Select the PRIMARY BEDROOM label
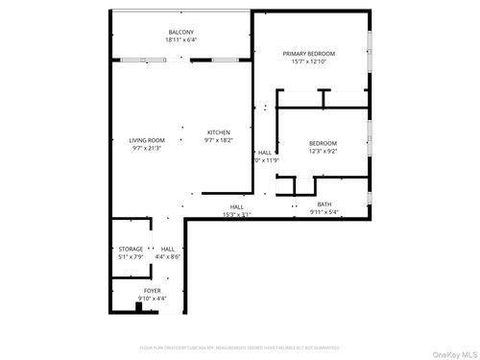coord(309,54)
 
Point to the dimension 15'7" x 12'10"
coord(309,61)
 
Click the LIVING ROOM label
coord(147,141)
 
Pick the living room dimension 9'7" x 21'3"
coord(147,149)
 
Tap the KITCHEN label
coord(219,132)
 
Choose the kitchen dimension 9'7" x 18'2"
coord(219,140)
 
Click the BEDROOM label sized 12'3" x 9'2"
coord(323,142)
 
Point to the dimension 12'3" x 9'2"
coord(323,150)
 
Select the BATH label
coord(324,204)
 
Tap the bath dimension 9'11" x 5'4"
coord(324,212)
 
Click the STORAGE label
coord(131,249)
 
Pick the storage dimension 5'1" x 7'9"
coord(131,256)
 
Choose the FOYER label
coord(153,290)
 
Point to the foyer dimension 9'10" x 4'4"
coord(153,298)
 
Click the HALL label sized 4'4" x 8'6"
coord(168,249)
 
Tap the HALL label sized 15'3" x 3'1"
coord(236,206)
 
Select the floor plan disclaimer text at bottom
coord(240,348)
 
